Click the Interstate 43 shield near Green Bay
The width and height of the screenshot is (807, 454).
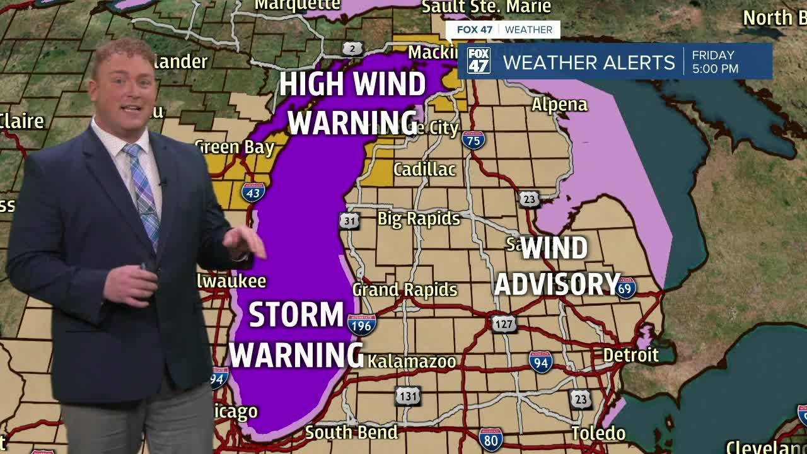point(253,192)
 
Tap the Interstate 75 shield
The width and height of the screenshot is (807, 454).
point(473,139)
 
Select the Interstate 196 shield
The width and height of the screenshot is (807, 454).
point(361,324)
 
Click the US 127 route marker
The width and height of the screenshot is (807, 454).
point(504,324)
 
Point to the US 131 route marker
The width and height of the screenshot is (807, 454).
point(408,396)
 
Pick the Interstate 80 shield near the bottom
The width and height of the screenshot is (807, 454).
point(491,439)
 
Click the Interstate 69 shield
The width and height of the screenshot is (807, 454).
point(625,288)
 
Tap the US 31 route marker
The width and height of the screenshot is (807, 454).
point(349,221)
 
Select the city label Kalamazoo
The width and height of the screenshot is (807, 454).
point(412,361)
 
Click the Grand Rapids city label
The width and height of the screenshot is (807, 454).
point(405,289)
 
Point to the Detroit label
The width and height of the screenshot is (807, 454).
point(630,355)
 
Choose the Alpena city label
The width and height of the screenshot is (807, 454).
point(559,105)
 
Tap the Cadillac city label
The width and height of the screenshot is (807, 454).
point(424,169)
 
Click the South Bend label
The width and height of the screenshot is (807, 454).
point(351,433)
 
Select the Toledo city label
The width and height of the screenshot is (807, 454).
point(598,433)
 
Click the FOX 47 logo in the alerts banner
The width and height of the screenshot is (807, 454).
point(479,61)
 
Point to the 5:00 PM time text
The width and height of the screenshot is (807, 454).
point(715,69)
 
